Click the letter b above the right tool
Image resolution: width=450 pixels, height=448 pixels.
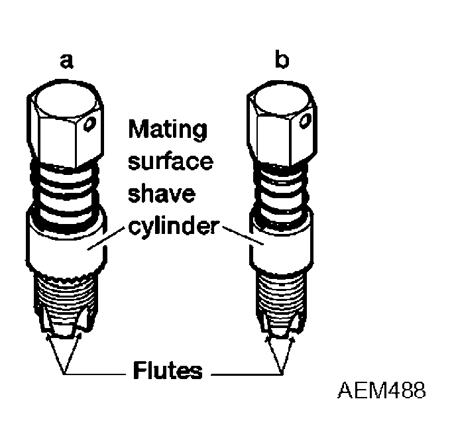[x=282, y=62]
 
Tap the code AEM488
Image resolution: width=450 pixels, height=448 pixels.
[x=380, y=390]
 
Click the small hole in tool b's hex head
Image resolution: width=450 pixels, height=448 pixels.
[x=304, y=120]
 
